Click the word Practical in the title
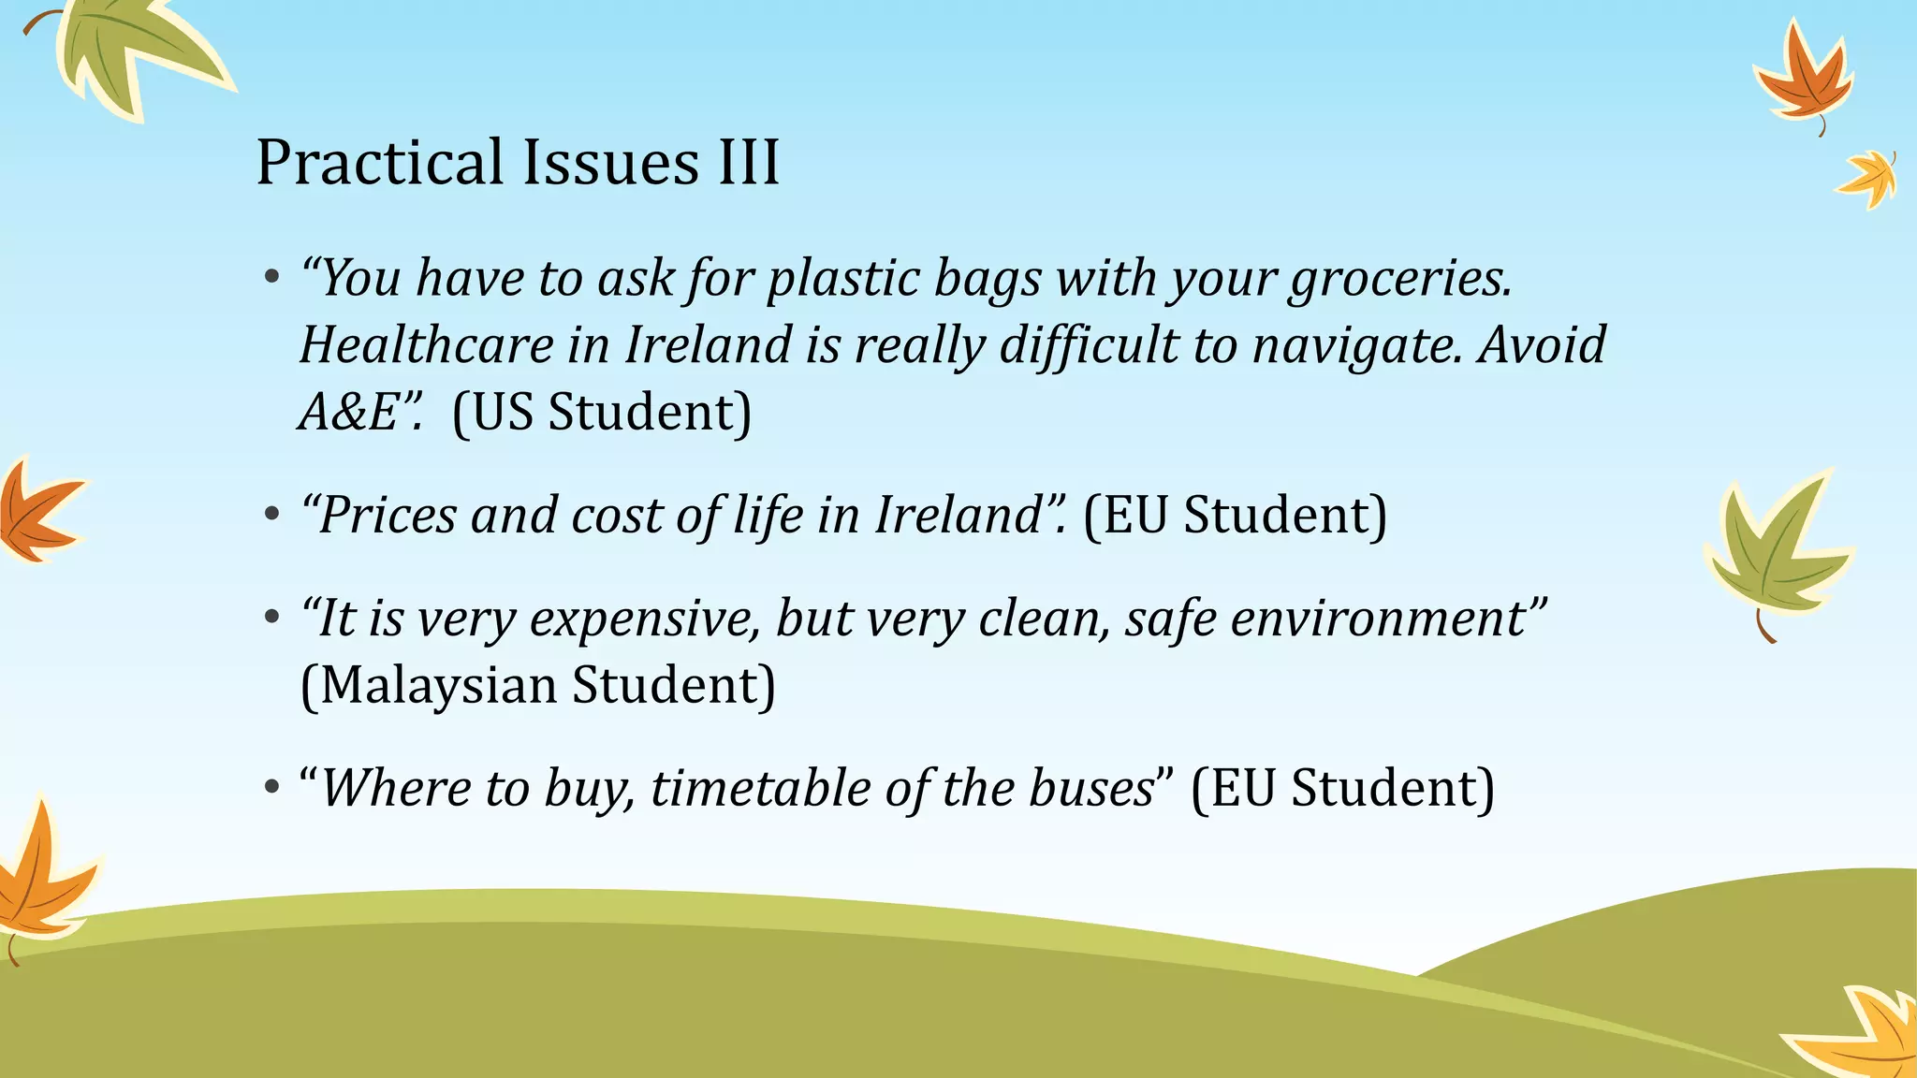[380, 163]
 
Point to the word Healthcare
[426, 345]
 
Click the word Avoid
[1542, 345]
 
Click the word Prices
[388, 516]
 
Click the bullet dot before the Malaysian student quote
[271, 619]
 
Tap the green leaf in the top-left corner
[131, 51]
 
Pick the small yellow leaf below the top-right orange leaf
[1868, 178]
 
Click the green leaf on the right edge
[1774, 552]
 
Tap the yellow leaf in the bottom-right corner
[1863, 1034]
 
